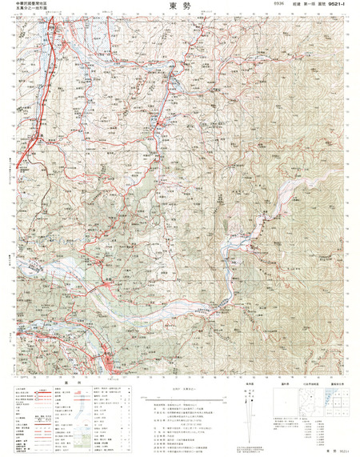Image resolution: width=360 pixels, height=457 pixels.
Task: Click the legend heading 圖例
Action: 69,383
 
